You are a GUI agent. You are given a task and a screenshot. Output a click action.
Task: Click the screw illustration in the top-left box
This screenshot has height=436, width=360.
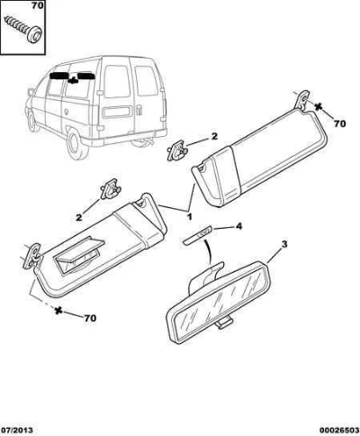23,29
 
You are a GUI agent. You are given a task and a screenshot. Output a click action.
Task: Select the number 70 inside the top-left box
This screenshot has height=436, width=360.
37,5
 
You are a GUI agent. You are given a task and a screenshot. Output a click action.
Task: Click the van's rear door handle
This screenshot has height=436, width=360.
139,110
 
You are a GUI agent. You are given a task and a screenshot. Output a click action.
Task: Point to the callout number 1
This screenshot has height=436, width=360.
189,216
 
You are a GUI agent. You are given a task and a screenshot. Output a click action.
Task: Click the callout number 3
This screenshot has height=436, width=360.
283,244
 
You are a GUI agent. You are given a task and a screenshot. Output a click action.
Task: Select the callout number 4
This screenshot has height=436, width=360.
238,226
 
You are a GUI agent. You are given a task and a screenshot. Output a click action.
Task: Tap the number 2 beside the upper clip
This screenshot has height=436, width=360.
214,136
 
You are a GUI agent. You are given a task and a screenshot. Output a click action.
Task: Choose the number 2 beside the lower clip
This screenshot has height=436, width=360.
78,217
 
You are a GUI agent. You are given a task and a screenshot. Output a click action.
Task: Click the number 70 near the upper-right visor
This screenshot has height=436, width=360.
339,123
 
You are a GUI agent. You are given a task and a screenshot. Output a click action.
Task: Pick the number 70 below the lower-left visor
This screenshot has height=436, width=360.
90,318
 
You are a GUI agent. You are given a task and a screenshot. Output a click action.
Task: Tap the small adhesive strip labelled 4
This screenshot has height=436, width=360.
198,235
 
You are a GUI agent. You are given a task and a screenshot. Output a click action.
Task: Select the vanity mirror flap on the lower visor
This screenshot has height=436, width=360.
78,255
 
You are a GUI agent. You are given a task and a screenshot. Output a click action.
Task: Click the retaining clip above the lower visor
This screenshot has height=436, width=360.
110,188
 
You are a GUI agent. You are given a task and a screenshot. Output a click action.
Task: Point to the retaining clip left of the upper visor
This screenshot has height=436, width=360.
177,150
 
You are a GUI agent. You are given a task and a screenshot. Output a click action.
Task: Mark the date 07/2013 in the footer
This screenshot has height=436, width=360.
17,430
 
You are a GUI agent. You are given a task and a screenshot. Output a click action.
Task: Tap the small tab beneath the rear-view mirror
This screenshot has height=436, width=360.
224,322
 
